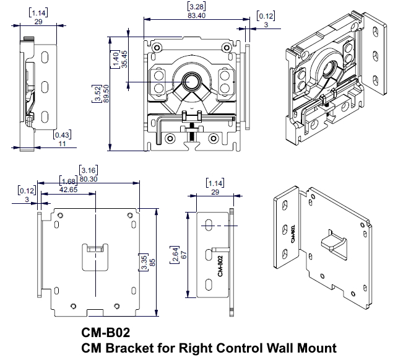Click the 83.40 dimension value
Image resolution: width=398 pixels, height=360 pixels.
pyautogui.click(x=196, y=15)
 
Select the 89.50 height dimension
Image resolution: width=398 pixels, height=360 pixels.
pyautogui.click(x=106, y=94)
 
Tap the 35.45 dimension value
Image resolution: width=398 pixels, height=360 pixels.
pyautogui.click(x=124, y=59)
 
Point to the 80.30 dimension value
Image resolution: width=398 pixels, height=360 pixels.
pyautogui.click(x=89, y=179)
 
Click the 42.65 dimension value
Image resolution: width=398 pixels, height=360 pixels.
pyautogui.click(x=69, y=190)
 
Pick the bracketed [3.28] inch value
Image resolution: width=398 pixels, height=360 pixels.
pyautogui.click(x=196, y=7)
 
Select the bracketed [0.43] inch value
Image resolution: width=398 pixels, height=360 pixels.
pyautogui.click(x=62, y=134)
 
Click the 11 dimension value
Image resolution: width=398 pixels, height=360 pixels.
pyautogui.click(x=62, y=144)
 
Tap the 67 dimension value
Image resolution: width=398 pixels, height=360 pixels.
pyautogui.click(x=184, y=255)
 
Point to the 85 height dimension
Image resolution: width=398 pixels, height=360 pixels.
pyautogui.click(x=152, y=262)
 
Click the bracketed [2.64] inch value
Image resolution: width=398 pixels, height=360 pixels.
pyautogui.click(x=175, y=255)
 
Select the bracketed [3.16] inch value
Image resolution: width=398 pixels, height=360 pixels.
pyautogui.click(x=89, y=170)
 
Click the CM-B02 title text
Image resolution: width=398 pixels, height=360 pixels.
pyautogui.click(x=106, y=332)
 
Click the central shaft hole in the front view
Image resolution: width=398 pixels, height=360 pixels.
pyautogui.click(x=191, y=82)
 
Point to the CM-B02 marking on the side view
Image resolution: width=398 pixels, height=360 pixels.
pyautogui.click(x=220, y=266)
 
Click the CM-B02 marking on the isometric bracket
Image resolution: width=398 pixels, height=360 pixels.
pyautogui.click(x=292, y=234)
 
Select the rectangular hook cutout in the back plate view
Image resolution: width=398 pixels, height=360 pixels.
pyautogui.click(x=95, y=257)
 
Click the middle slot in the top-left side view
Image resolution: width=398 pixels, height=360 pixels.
pyautogui.click(x=45, y=87)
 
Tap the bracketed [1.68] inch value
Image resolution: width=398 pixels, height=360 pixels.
pyautogui.click(x=69, y=181)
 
